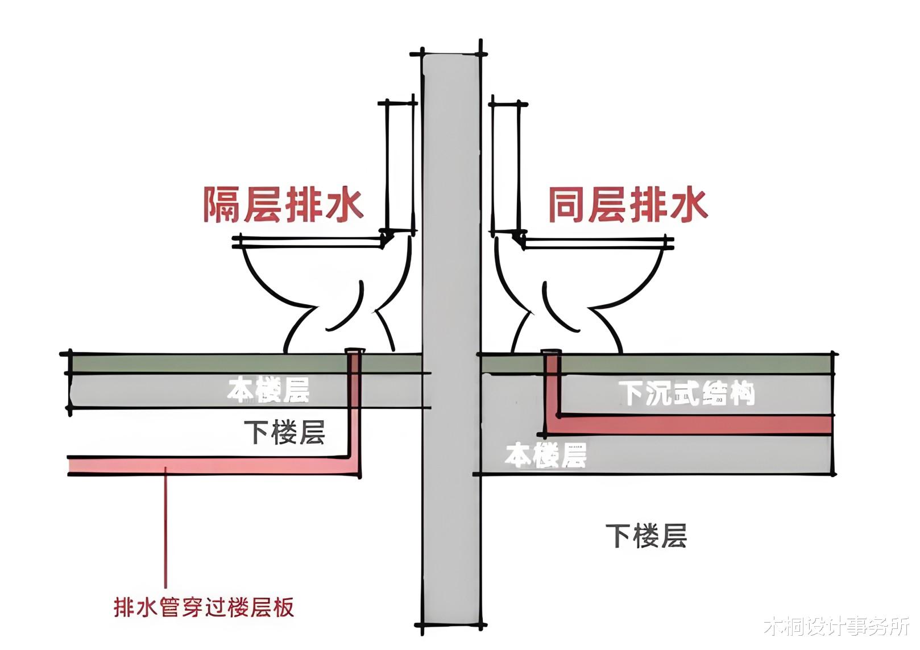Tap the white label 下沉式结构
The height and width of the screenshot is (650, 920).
(x=686, y=393)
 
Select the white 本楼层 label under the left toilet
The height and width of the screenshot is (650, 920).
(x=268, y=390)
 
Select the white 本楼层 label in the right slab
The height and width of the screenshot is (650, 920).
(x=545, y=455)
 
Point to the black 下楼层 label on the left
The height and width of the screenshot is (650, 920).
(x=284, y=433)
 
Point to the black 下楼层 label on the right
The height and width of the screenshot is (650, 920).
(x=646, y=536)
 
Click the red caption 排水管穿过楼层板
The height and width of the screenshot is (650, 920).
(x=204, y=607)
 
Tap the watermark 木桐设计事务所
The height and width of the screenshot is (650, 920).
(x=836, y=627)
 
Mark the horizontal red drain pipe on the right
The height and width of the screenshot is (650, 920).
(x=694, y=425)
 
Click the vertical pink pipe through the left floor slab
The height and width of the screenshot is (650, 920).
(x=354, y=409)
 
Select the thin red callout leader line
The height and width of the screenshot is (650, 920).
(x=165, y=529)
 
